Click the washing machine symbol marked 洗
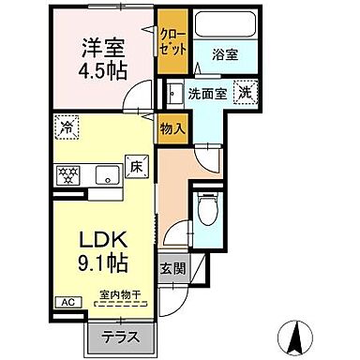244,93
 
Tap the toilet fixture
207,208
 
